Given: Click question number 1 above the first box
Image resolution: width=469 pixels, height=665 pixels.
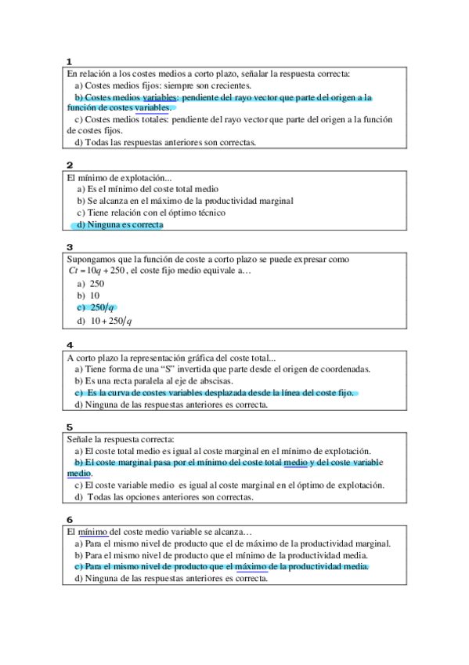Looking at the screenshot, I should [70, 61].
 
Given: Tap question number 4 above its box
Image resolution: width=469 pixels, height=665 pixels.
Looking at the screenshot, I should [70, 345].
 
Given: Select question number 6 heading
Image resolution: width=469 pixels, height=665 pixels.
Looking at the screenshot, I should [70, 519].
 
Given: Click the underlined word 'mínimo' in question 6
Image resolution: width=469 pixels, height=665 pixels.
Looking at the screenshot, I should [93, 532].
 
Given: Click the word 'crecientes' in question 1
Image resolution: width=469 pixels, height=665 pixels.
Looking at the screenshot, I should [229, 85].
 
